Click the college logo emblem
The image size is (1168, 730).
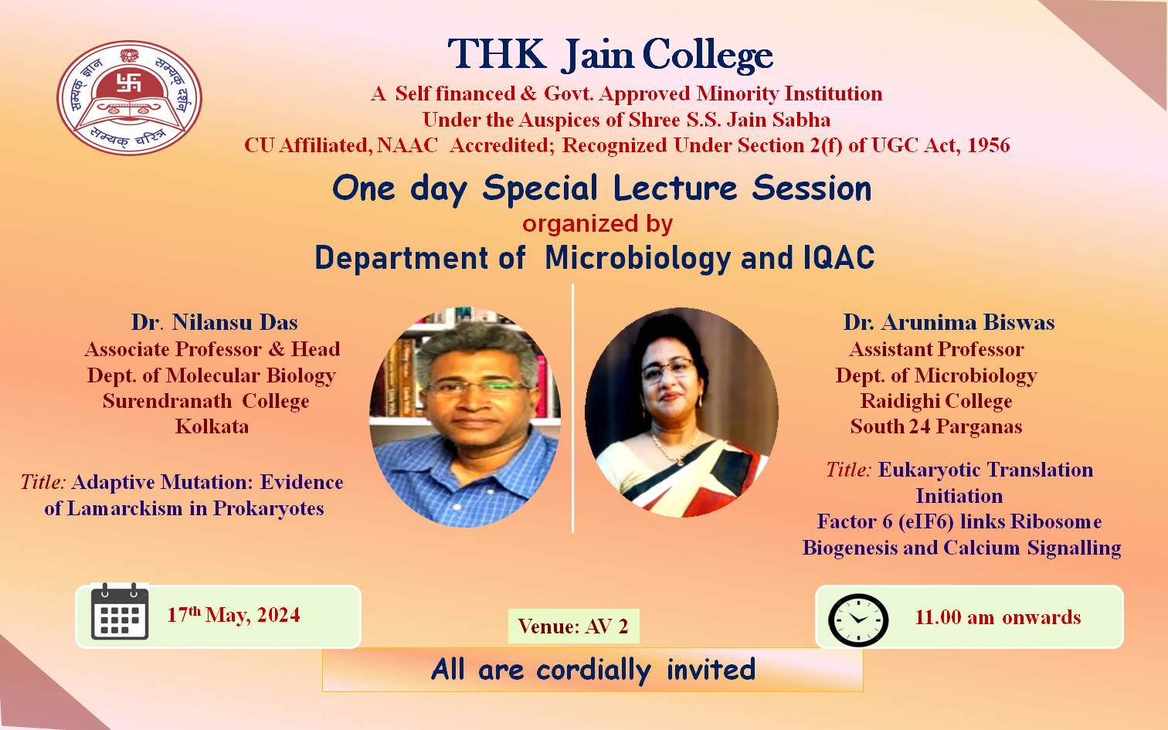click(x=129, y=97)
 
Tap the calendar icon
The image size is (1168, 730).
click(x=120, y=612)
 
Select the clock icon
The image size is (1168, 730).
click(x=857, y=620)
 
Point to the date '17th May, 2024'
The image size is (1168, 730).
click(x=233, y=615)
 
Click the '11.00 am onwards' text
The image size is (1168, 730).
click(x=998, y=617)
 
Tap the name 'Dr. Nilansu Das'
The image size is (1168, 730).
click(x=214, y=322)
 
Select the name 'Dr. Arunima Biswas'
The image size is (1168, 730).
click(x=949, y=322)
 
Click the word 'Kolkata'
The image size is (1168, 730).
click(x=212, y=426)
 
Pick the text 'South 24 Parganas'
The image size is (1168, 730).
click(x=936, y=426)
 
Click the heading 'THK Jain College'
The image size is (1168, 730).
click(x=610, y=54)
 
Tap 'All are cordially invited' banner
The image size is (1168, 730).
click(x=592, y=670)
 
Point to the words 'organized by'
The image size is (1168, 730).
click(x=598, y=224)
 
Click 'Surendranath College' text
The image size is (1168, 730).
click(x=206, y=401)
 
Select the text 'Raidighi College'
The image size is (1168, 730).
click(x=936, y=401)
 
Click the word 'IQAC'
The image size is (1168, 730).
click(x=838, y=257)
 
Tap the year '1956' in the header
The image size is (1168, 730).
click(x=988, y=145)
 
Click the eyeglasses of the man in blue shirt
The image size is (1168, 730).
click(x=476, y=387)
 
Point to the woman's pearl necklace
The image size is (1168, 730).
click(x=676, y=447)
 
